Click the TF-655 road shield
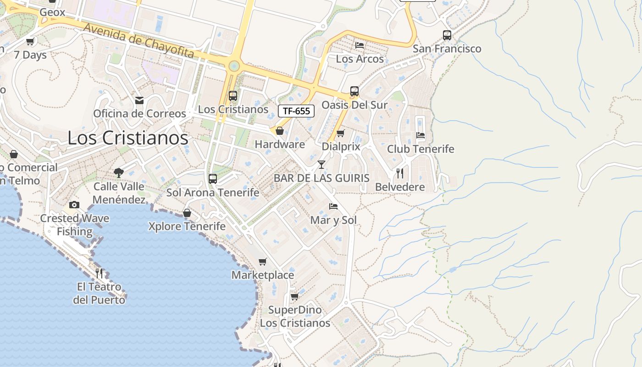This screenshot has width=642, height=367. pos(296,111)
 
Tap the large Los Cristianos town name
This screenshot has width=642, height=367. pos(127,138)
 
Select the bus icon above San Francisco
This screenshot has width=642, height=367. pos(447,35)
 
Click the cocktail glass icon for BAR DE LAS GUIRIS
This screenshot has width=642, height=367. pos(321,164)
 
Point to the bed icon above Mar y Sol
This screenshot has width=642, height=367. pos(333,206)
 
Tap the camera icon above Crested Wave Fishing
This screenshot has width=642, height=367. pos(74,205)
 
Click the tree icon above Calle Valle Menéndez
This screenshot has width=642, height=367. pos(119,173)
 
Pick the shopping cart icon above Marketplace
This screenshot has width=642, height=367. pos(262,261)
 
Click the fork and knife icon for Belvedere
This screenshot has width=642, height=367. pos(400,173)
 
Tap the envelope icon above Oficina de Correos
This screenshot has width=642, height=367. pos(139,100)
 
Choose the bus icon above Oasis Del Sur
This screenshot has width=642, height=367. pos(354,91)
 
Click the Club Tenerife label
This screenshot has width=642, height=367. pos(421,149)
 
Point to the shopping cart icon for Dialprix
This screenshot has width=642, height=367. pos(340,133)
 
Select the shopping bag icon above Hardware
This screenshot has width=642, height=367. pos(279,131)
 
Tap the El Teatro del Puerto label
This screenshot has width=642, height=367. pos(99,294)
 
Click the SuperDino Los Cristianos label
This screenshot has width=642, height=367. pos(295,317)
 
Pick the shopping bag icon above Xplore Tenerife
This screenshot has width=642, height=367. pos(187,213)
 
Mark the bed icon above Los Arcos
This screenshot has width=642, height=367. pos(360,45)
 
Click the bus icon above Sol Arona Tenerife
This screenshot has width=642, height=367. pos(212,179)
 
